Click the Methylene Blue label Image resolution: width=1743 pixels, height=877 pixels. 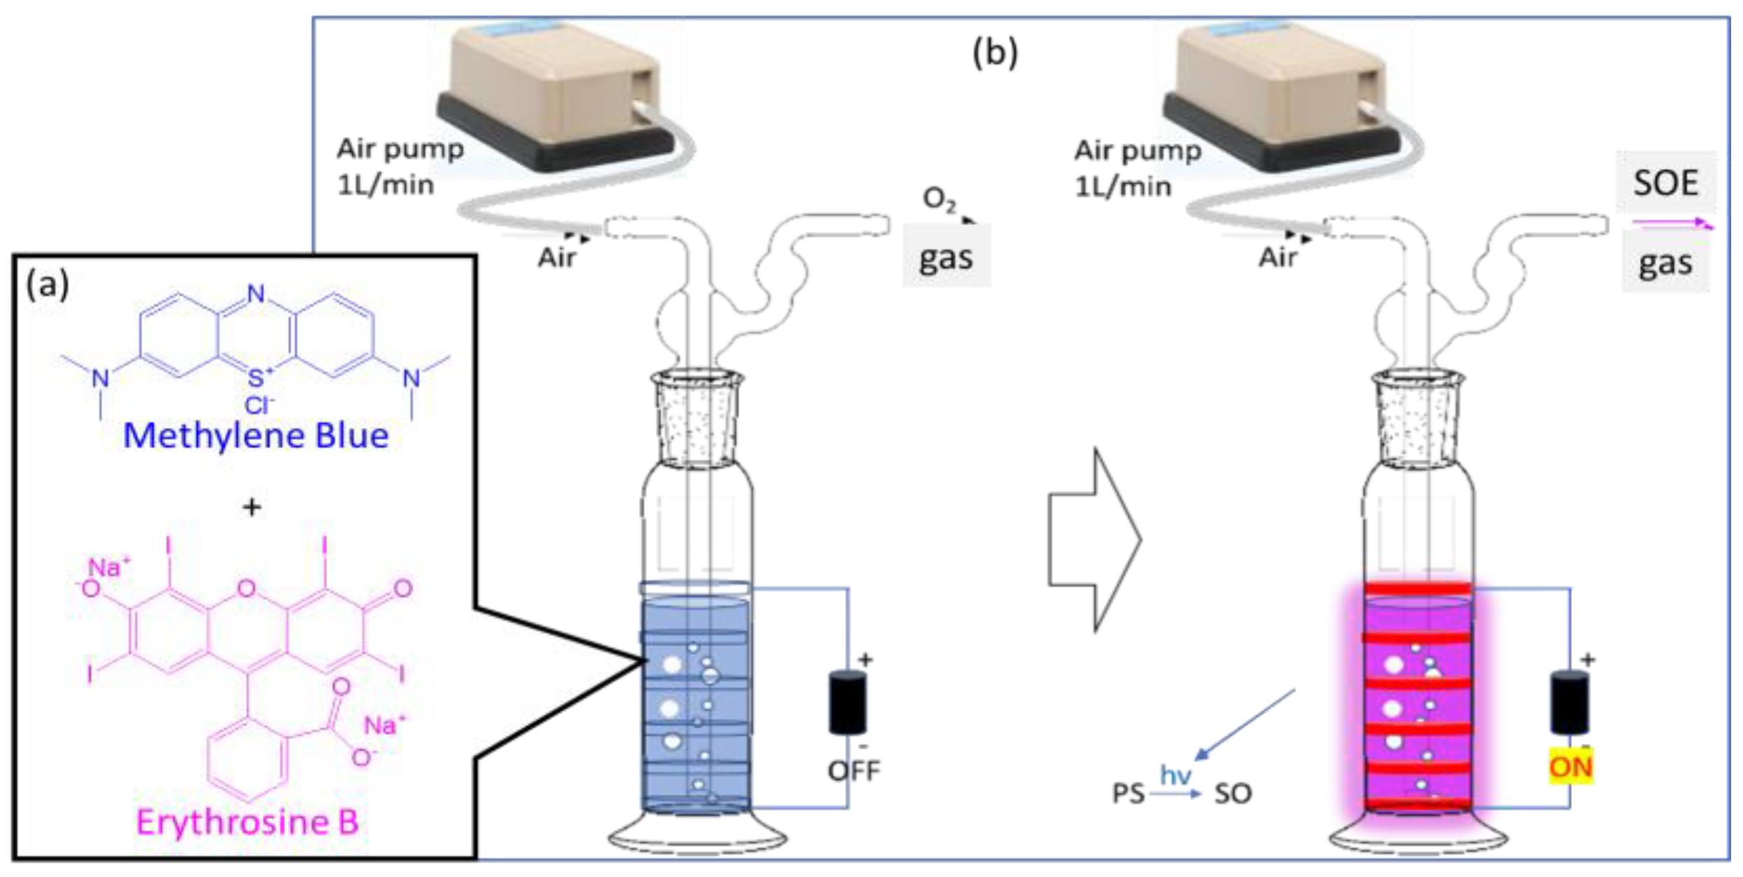[x=256, y=436]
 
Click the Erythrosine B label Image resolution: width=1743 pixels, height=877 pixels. [x=247, y=822]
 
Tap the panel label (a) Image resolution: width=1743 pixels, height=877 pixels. [x=47, y=284]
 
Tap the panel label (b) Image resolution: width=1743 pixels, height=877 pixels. [x=995, y=53]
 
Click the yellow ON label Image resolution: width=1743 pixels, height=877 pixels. [x=1570, y=768]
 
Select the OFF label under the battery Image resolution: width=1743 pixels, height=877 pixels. [x=853, y=771]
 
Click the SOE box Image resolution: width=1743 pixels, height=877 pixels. [x=1665, y=183]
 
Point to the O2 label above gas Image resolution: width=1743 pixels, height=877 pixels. [x=939, y=200]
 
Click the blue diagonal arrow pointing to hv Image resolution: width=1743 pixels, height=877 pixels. [x=1246, y=724]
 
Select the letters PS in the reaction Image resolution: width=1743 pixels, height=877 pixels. [x=1128, y=794]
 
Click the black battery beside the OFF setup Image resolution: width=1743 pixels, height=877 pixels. [x=847, y=702]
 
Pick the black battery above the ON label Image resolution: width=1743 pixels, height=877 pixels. [x=1569, y=702]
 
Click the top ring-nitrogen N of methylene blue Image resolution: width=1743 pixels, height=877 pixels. [x=256, y=294]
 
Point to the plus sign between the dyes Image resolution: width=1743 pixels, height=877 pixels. [x=252, y=506]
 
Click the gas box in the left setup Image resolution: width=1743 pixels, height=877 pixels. [x=946, y=257]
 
